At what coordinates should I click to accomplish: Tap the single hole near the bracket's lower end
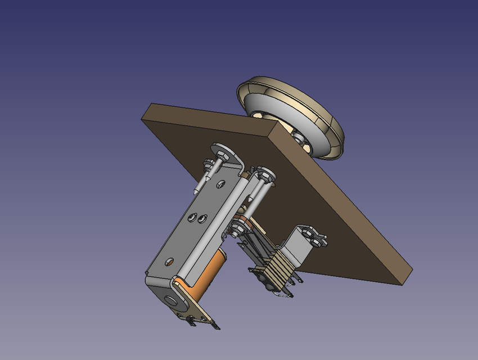coord(169,262)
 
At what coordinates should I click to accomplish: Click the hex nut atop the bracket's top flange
coord(220,152)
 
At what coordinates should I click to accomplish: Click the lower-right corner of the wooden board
coord(403,281)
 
